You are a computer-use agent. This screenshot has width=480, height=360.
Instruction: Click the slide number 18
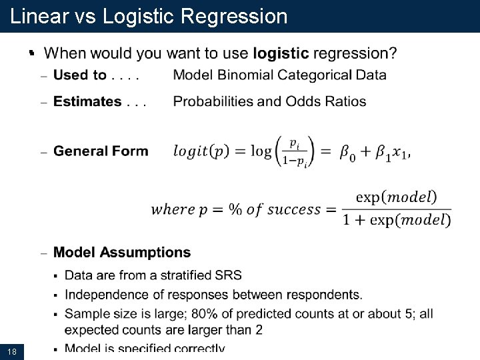pyautogui.click(x=11, y=351)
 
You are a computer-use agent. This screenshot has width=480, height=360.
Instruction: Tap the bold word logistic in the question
pyautogui.click(x=281, y=53)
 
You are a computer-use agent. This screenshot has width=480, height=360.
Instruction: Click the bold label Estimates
pyautogui.click(x=87, y=101)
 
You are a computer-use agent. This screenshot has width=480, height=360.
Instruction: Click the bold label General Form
pyautogui.click(x=101, y=151)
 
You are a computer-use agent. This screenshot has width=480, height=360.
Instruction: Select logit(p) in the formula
pyautogui.click(x=201, y=151)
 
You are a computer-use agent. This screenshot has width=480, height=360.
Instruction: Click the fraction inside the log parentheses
pyautogui.click(x=294, y=151)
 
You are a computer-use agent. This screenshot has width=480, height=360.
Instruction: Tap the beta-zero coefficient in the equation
pyautogui.click(x=348, y=153)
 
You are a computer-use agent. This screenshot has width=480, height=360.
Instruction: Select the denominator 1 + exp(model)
pyautogui.click(x=397, y=221)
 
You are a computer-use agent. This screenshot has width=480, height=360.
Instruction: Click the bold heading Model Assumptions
pyautogui.click(x=122, y=253)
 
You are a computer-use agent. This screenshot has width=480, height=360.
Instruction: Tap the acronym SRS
pyautogui.click(x=229, y=275)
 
